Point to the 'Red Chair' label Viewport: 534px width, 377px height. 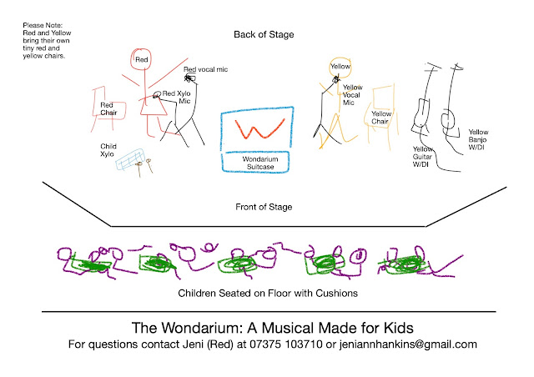(109, 108)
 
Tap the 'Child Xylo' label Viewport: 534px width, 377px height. (108, 149)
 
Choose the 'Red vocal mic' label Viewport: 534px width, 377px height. (206, 70)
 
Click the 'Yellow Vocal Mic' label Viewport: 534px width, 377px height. (354, 94)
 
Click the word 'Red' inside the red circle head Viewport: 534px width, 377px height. (141, 60)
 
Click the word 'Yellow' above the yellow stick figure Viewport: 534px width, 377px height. (340, 66)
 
